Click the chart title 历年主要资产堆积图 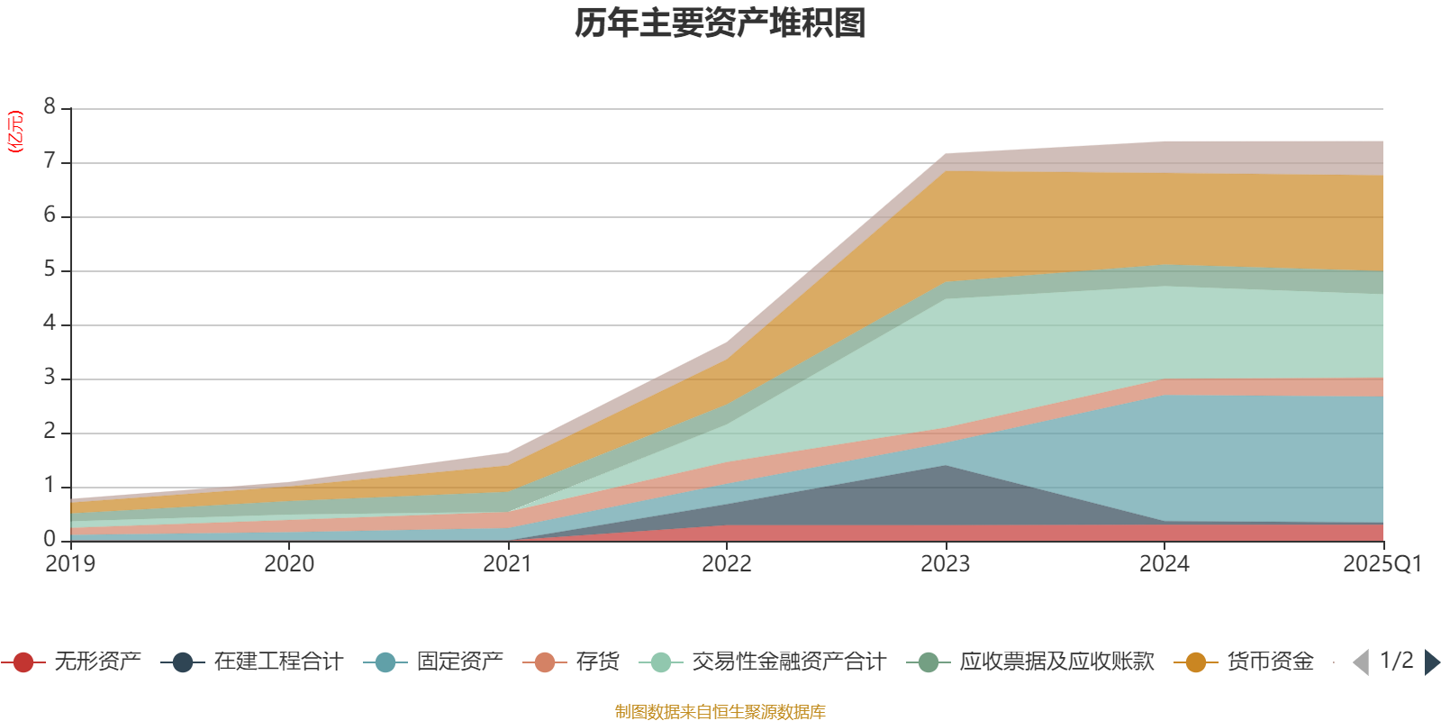720,23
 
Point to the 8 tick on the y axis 50,107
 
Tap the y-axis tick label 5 50,269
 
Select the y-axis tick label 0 50,539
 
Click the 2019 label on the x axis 70,564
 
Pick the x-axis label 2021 508,564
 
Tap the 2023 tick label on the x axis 945,564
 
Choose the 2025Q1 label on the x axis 1382,564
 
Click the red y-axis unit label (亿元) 15,132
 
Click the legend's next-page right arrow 1431,662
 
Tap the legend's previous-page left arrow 1361,662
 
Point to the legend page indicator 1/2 1396,661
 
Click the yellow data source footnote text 720,712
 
